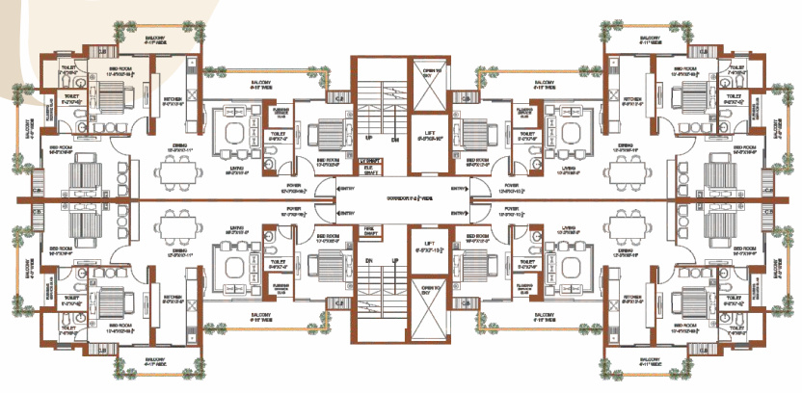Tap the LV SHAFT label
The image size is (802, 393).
click(368, 159)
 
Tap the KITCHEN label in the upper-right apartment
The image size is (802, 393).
click(631, 98)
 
